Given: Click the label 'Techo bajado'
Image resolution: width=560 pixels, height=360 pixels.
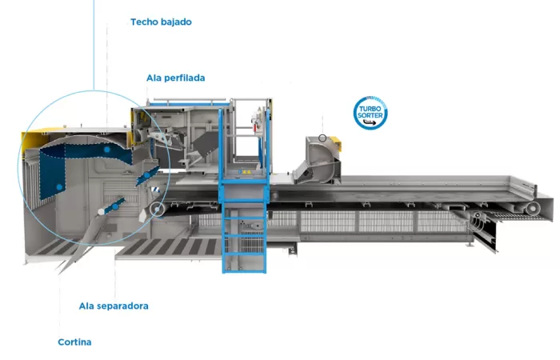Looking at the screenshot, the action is tap(161, 22).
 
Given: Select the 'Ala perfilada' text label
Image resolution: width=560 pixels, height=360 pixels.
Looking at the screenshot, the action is tap(176, 78).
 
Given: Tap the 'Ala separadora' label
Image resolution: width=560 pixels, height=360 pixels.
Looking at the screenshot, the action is tap(114, 306).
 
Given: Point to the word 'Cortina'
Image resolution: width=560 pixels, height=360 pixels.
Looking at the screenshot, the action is tap(74, 342).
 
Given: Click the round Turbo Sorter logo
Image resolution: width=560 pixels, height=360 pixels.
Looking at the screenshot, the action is tap(370, 114).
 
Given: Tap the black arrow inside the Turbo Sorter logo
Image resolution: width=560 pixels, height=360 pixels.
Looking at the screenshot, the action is tap(370, 122).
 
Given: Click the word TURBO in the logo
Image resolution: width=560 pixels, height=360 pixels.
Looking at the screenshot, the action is tap(370, 109).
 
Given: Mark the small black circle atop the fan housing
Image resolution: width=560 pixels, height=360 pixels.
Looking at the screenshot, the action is tap(322, 138).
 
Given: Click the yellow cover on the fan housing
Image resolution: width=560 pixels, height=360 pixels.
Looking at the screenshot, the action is tap(336, 143).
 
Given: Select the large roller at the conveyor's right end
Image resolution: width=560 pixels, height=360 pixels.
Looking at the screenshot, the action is tap(532, 208).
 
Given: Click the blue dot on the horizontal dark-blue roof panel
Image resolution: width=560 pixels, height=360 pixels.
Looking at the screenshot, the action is tap(106, 150).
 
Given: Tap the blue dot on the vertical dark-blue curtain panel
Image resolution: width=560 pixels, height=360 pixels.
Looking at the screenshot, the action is tap(59, 186).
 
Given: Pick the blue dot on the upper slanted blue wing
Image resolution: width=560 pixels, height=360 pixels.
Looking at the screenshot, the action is tap(146, 175).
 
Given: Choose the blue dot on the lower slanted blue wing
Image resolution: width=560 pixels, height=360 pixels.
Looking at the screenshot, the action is tap(115, 206).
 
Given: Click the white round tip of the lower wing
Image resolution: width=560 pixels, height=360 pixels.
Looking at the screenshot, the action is tap(101, 212).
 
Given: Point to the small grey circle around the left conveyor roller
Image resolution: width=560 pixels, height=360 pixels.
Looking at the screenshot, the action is tap(157, 210).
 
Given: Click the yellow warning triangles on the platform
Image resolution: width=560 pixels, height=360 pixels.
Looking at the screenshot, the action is tap(246, 172).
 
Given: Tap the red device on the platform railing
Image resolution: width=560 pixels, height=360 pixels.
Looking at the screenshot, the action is tap(254, 126).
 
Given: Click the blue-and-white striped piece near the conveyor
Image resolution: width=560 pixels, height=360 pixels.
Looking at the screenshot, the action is tap(156, 190).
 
